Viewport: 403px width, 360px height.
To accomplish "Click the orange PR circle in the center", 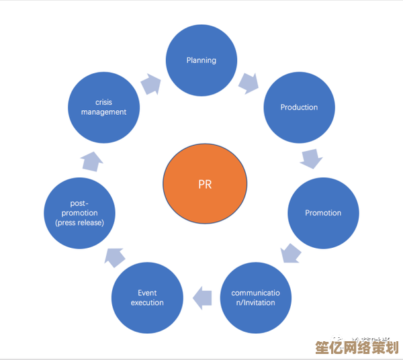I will pyautogui.click(x=205, y=183).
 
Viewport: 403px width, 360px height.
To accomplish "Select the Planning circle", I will pyautogui.click(x=201, y=60).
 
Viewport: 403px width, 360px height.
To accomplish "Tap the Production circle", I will pyautogui.click(x=299, y=107).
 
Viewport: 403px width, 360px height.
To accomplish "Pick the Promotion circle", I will pyautogui.click(x=323, y=213).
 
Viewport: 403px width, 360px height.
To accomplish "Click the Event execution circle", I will pyautogui.click(x=147, y=298).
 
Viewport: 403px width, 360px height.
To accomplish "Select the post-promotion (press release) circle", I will pyautogui.click(x=79, y=213).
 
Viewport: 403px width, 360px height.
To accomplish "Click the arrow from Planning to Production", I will pyautogui.click(x=249, y=83).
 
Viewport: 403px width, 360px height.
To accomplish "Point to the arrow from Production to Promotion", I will pyautogui.click(x=311, y=160).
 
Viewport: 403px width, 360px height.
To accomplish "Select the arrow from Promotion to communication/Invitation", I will pyautogui.click(x=291, y=253).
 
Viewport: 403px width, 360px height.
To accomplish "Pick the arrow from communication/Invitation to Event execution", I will pyautogui.click(x=202, y=298).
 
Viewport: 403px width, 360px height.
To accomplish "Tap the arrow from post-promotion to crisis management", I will pyautogui.click(x=91, y=161).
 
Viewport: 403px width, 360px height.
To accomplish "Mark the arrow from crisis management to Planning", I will pyautogui.click(x=152, y=83).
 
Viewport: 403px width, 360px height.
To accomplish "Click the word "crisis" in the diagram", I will pyautogui.click(x=103, y=103).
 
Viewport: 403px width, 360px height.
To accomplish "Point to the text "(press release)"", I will pyautogui.click(x=79, y=222).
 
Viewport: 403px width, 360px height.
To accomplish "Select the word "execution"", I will pyautogui.click(x=147, y=303).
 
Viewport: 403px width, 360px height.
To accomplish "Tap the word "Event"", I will pyautogui.click(x=147, y=293).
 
